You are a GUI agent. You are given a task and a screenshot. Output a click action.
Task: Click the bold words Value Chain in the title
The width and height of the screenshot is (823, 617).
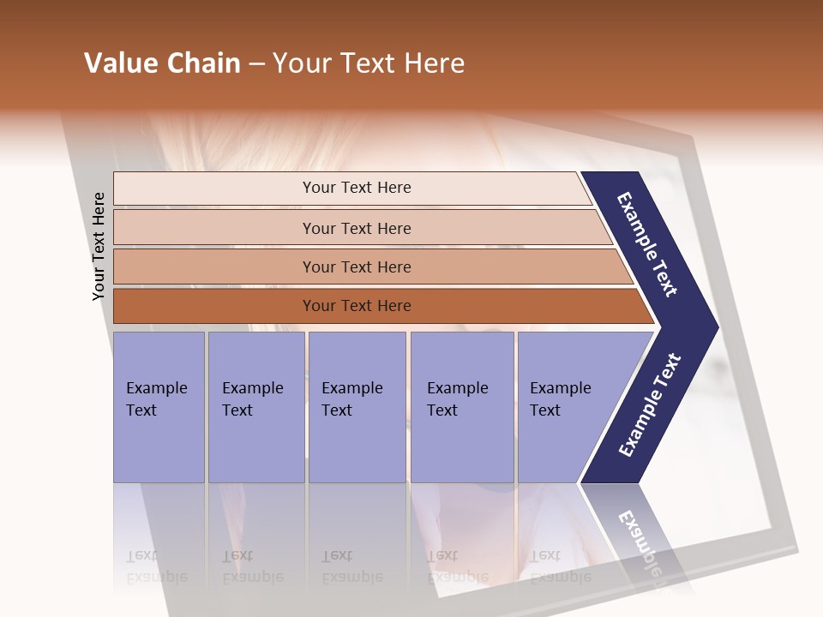point(162,63)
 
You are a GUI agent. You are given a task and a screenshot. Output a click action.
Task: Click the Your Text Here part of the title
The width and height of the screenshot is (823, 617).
point(369,63)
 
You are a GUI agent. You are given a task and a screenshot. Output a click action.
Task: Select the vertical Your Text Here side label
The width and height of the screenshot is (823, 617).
point(99,246)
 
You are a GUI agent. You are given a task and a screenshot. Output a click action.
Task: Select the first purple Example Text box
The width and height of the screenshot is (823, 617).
point(159,407)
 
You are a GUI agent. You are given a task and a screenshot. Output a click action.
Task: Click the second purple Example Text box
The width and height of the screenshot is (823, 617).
point(255,407)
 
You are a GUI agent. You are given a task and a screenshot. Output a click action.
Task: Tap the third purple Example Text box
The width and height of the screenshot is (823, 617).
point(357,407)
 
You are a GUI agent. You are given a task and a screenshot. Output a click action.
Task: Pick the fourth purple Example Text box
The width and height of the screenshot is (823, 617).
point(461,407)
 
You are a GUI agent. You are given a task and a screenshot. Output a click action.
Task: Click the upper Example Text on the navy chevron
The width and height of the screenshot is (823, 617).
point(647,244)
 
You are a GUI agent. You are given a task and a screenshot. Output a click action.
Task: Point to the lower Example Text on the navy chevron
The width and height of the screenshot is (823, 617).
point(649,405)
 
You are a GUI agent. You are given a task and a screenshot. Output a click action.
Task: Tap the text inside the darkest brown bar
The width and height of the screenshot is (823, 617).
point(357,306)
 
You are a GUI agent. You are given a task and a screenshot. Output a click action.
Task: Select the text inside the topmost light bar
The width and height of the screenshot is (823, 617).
point(357,188)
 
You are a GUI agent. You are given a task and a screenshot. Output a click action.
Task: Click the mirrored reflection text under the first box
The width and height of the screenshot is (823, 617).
point(156,566)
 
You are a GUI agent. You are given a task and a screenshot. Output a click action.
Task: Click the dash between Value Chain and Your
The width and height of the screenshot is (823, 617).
point(256,64)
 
